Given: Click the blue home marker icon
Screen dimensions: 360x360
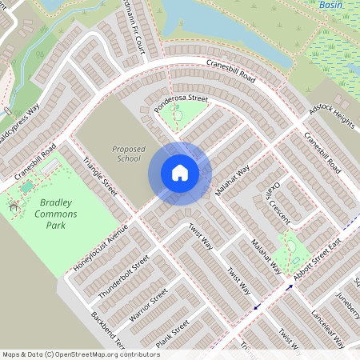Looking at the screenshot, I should click(179, 172).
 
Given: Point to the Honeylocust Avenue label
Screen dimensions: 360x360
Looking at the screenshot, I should click(101, 249).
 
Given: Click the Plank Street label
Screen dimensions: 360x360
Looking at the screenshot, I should click(173, 334).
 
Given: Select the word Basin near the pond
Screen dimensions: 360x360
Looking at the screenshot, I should click(330, 5).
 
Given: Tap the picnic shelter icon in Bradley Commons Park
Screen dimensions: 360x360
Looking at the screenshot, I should click(14, 207).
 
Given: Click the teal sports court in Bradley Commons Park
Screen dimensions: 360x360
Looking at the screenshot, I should click(27, 186).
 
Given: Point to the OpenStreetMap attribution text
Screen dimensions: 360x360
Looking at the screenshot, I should click(80, 353).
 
